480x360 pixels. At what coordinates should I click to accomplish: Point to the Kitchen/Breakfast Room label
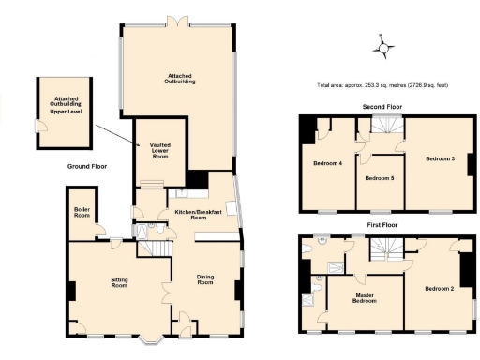[198, 215]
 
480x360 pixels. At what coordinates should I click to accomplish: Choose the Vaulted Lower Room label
[159, 150]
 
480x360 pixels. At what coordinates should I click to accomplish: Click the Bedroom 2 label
[439, 288]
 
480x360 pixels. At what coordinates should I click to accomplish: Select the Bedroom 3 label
[440, 158]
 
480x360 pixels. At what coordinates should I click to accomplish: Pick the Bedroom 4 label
[327, 164]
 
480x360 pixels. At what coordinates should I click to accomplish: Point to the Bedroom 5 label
[379, 177]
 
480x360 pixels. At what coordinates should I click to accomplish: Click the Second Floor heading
[382, 107]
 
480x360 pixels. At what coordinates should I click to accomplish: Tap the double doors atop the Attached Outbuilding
[174, 18]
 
